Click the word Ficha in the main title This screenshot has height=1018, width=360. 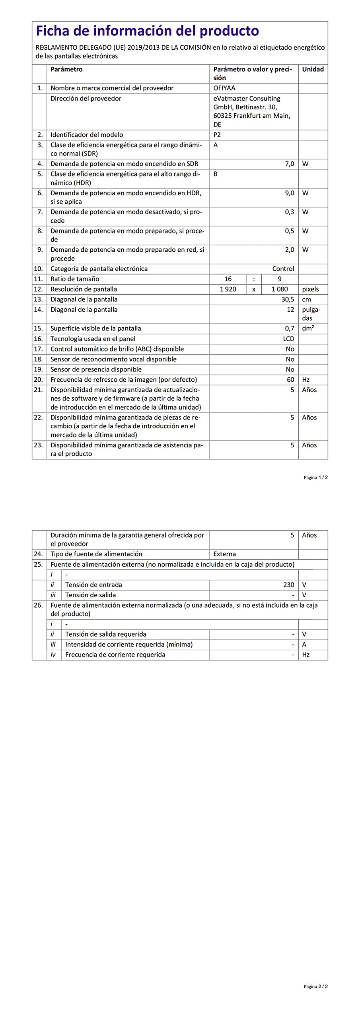point(54,31)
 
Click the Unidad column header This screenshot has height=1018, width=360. point(313,69)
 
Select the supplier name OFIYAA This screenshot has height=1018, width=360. point(224,88)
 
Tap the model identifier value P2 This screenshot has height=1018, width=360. point(217,135)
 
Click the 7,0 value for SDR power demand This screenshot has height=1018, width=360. point(290,164)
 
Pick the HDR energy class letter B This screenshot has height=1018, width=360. point(216,174)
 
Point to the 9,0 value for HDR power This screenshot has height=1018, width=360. point(290,193)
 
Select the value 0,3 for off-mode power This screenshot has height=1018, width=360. point(290,212)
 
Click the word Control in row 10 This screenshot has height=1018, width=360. point(283,269)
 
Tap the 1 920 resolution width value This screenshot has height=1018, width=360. point(228,289)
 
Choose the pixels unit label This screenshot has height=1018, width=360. point(310,289)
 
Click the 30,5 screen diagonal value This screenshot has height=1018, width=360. point(288,299)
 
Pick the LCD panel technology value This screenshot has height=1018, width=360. point(289,339)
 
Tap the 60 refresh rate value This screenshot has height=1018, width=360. point(291,380)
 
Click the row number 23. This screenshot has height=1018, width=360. point(38,445)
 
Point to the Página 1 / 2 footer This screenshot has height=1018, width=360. point(316,478)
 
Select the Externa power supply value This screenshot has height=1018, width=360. point(224,554)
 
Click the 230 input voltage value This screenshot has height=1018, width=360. point(289,585)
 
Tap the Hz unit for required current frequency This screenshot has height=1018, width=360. point(306,655)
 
